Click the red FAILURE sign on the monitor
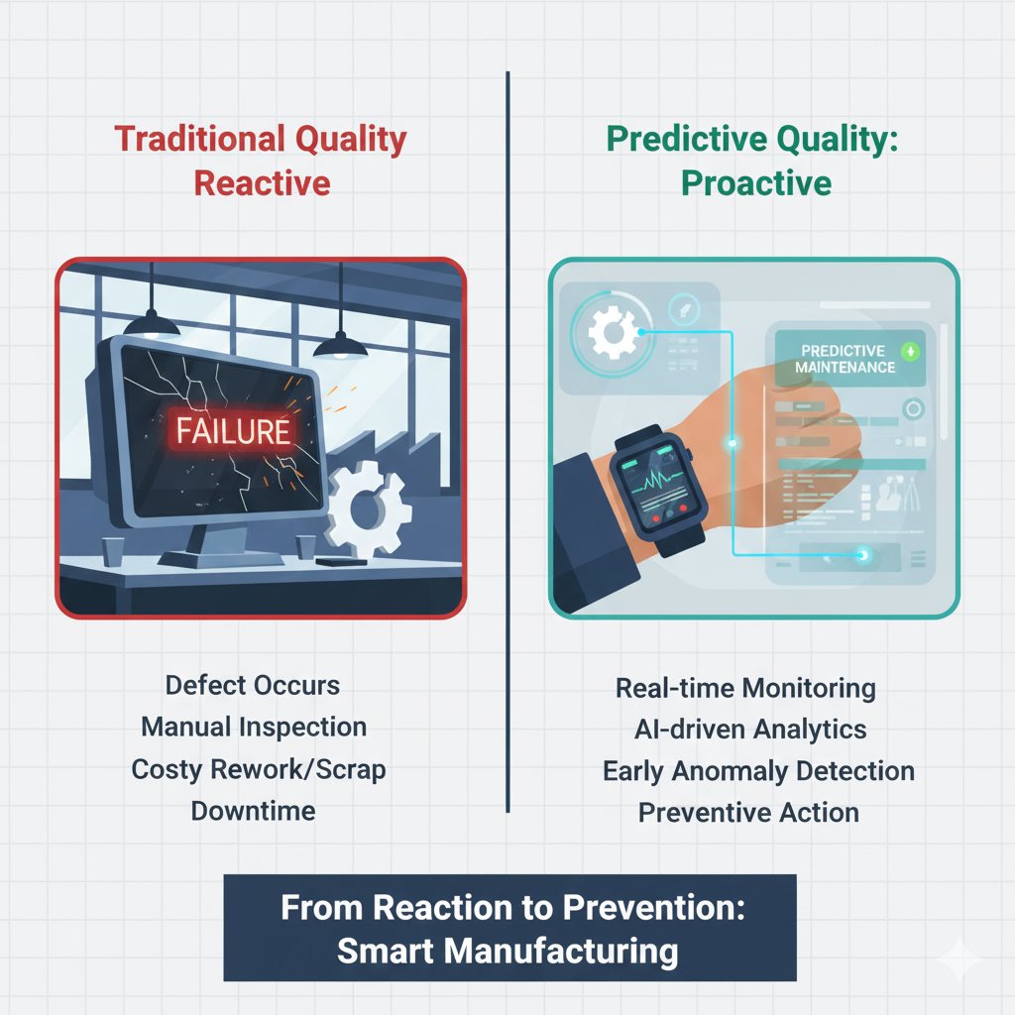[233, 429]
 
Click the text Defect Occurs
[253, 685]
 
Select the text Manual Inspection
[254, 727]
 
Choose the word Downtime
[253, 811]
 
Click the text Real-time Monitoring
[745, 688]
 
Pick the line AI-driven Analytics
[749, 730]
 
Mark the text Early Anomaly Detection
[758, 771]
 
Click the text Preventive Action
[748, 813]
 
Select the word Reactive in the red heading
[262, 183]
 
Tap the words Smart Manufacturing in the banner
[507, 952]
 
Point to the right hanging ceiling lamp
[340, 343]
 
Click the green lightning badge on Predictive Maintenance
[910, 351]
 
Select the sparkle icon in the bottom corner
[959, 959]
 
